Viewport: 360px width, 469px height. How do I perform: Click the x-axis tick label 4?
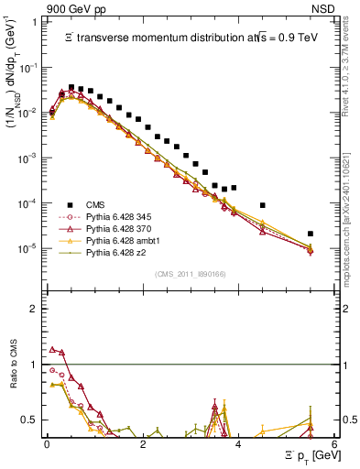238,444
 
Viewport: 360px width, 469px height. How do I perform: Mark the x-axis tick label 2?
142,444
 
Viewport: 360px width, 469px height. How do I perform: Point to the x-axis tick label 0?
47,444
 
